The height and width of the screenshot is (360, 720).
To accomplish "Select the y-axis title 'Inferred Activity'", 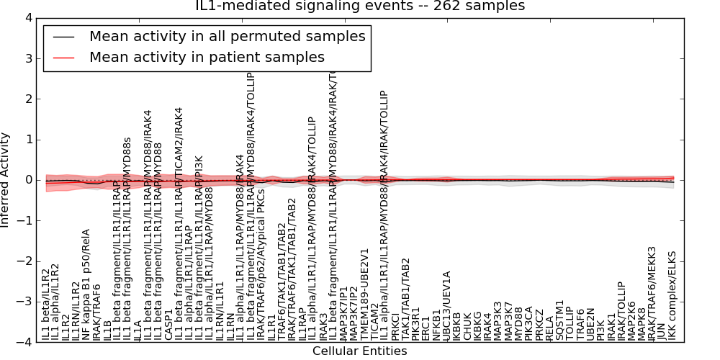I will [x=6, y=180].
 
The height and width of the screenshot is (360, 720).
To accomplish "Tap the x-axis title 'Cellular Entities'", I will [x=359, y=351].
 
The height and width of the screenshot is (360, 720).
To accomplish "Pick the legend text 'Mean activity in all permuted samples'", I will [x=227, y=36].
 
